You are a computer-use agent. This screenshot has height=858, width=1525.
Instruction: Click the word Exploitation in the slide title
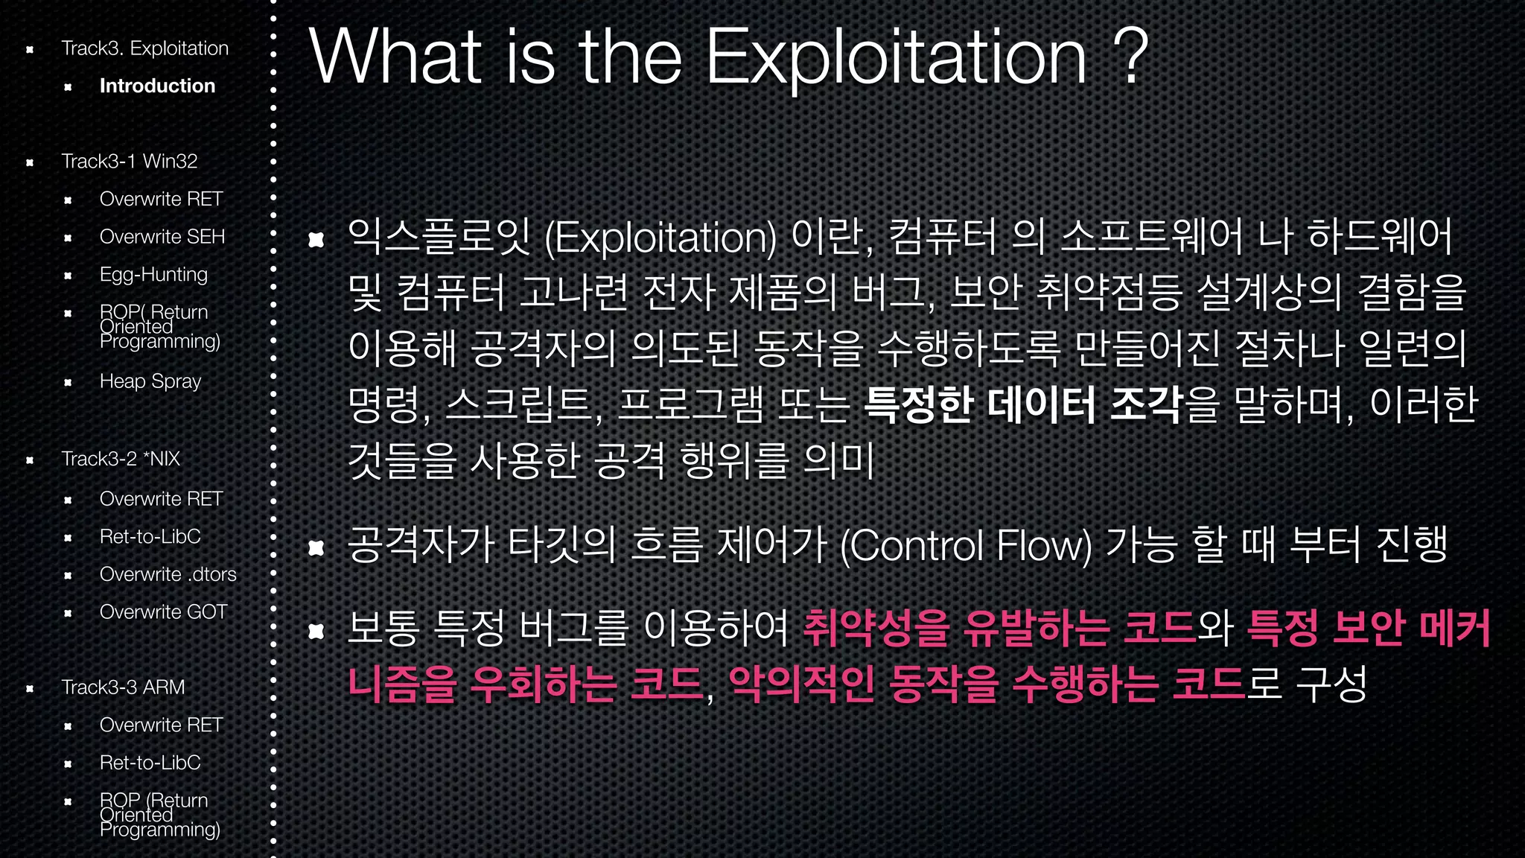pyautogui.click(x=895, y=58)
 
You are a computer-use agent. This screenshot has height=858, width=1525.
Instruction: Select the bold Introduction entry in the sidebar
pyautogui.click(x=157, y=86)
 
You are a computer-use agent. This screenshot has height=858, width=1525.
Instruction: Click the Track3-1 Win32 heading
pyautogui.click(x=129, y=161)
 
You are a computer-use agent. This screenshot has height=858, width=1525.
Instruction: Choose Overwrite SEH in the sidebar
pyautogui.click(x=162, y=237)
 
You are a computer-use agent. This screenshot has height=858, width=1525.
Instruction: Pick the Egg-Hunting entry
pyautogui.click(x=153, y=274)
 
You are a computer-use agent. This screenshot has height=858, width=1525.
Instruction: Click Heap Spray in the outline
pyautogui.click(x=150, y=381)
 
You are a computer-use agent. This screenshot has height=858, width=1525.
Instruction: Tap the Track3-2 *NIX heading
pyautogui.click(x=121, y=459)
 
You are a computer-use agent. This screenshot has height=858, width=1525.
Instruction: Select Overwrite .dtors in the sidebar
pyautogui.click(x=168, y=574)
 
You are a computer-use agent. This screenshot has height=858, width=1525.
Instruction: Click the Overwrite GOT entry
pyautogui.click(x=163, y=612)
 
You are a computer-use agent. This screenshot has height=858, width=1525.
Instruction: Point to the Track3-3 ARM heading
pyautogui.click(x=123, y=687)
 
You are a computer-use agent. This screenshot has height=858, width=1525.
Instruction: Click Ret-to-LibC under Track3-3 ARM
pyautogui.click(x=150, y=763)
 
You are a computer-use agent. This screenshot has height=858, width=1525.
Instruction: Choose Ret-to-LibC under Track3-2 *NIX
pyautogui.click(x=150, y=536)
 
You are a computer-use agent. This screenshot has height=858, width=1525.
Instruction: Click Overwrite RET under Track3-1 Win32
pyautogui.click(x=161, y=199)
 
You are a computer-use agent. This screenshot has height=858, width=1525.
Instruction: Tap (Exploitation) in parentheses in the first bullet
pyautogui.click(x=660, y=238)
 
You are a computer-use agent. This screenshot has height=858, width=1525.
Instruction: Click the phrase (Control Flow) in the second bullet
pyautogui.click(x=966, y=546)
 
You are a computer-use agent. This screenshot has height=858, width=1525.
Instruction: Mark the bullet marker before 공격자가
pyautogui.click(x=316, y=548)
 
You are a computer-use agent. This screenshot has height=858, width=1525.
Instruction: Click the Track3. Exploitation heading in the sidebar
pyautogui.click(x=144, y=48)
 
